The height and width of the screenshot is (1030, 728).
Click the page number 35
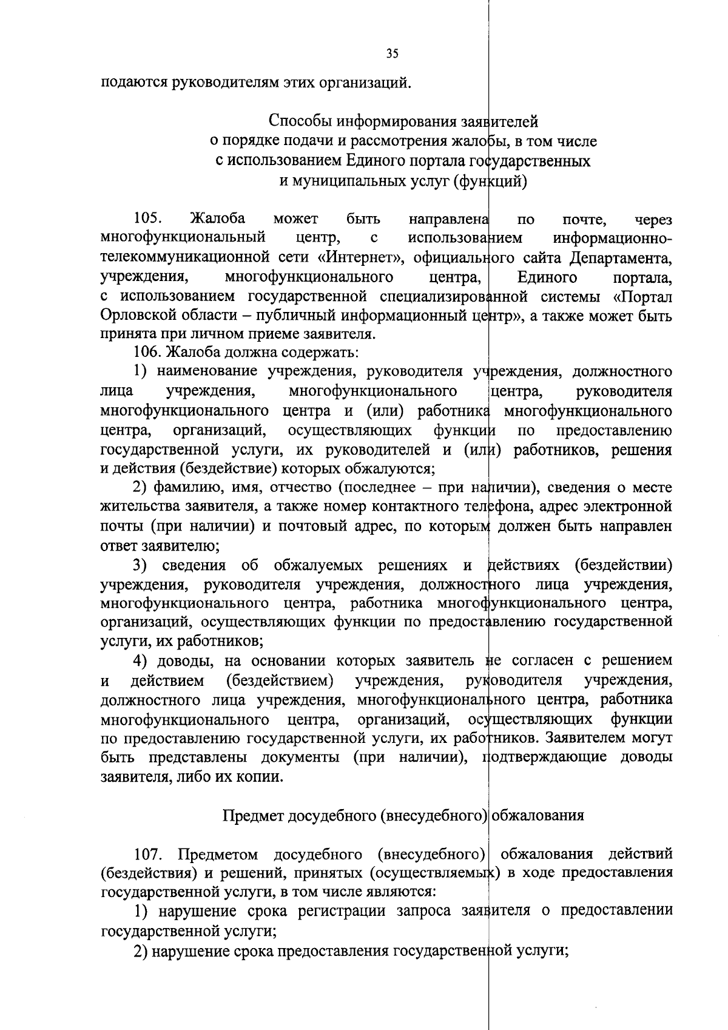[392, 54]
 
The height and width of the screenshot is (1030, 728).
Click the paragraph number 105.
[146, 219]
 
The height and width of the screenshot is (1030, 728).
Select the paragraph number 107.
[148, 855]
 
